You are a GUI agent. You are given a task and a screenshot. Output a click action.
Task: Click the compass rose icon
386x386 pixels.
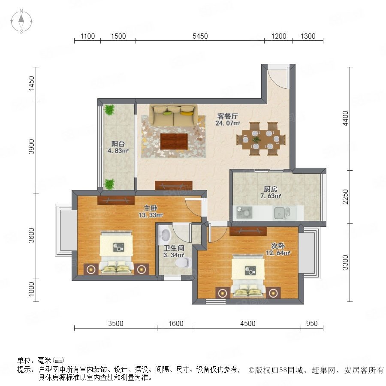click(21, 21)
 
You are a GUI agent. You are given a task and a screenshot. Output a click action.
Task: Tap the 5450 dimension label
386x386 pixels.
click(200, 36)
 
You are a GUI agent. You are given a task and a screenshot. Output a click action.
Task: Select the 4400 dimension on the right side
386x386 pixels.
click(346, 118)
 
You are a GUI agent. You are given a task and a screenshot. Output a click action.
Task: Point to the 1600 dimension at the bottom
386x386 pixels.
click(176, 323)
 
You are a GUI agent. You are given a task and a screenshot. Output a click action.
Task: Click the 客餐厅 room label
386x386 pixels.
click(227, 116)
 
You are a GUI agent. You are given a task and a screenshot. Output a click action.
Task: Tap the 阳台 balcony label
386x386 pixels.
click(118, 144)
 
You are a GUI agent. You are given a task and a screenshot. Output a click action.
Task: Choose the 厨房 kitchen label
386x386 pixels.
click(271, 189)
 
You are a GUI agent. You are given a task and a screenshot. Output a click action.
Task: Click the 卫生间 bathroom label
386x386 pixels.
click(174, 248)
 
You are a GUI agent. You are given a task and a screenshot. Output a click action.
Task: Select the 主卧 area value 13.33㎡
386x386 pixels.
click(151, 215)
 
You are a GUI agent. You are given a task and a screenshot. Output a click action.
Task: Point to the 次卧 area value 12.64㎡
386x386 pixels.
click(278, 253)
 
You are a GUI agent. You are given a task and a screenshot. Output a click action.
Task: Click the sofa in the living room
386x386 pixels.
click(174, 115)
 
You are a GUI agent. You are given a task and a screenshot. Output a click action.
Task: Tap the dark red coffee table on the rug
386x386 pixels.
click(174, 141)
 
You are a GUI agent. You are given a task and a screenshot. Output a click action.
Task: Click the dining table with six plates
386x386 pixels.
click(261, 139)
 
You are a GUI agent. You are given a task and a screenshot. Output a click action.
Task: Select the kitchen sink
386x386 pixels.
click(282, 213)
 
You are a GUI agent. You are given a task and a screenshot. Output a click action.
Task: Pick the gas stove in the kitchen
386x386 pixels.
click(244, 213)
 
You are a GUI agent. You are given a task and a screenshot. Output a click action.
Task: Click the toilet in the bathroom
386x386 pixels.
click(184, 262)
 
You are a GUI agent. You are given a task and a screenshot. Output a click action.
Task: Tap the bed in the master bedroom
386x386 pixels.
click(116, 252)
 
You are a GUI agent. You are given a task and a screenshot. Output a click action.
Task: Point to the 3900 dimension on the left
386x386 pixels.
click(31, 147)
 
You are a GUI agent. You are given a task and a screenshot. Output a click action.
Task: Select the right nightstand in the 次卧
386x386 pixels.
click(273, 293)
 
